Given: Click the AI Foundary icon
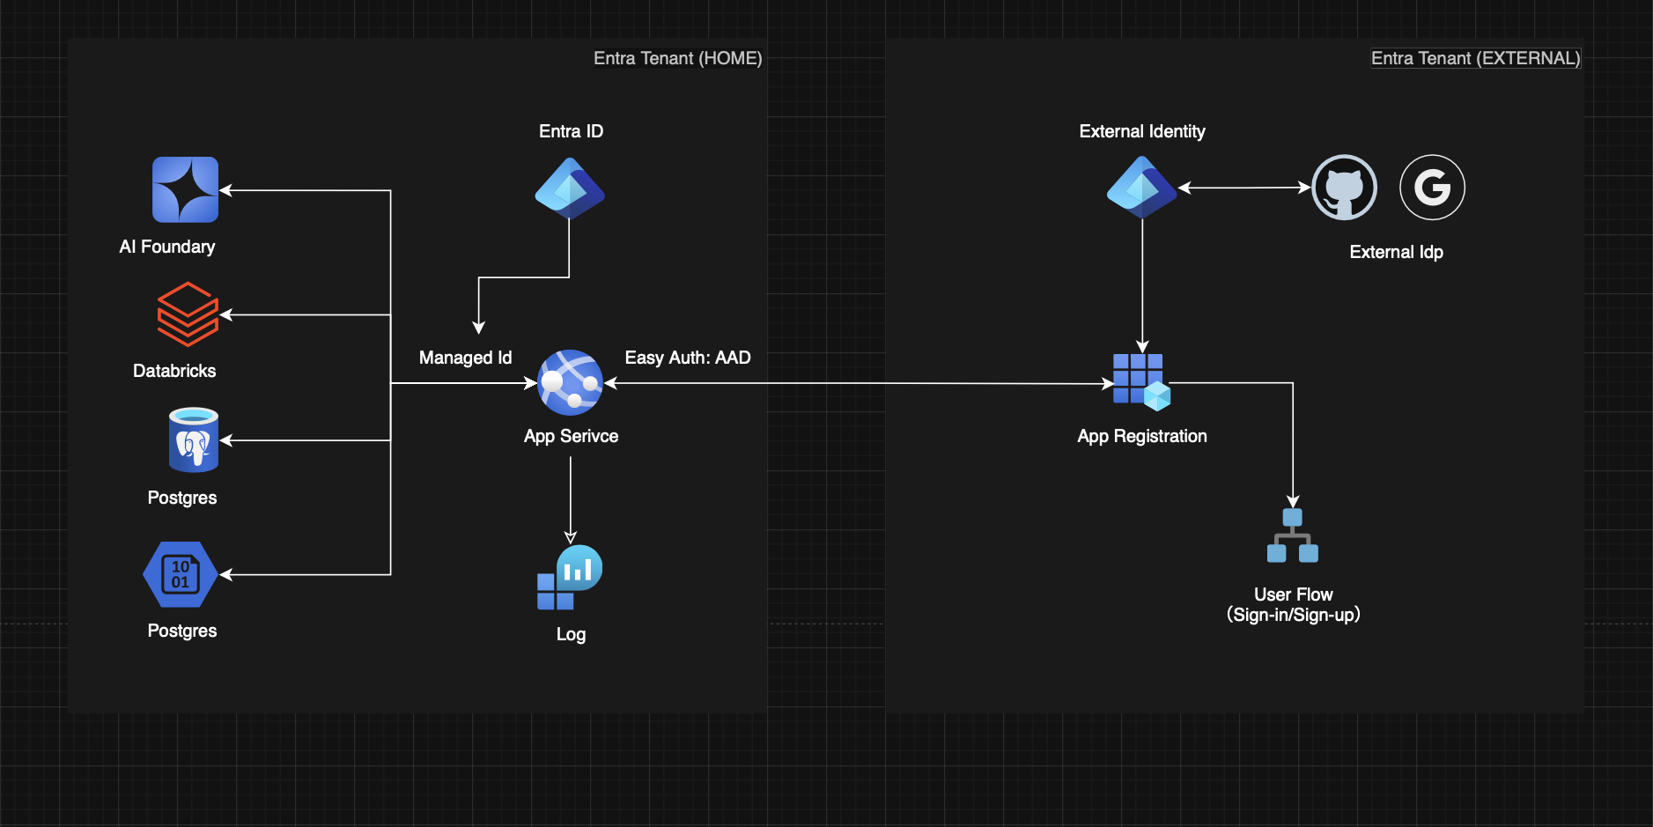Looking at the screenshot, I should (x=185, y=189).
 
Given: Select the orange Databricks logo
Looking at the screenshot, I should (x=188, y=314).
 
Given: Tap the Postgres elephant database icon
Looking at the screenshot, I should (x=194, y=439).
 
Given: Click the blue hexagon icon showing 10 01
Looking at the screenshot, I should (x=181, y=574).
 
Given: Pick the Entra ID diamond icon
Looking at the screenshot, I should (x=570, y=188).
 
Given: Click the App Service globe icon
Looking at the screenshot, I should (x=570, y=382).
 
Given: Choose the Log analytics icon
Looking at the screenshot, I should (x=570, y=578).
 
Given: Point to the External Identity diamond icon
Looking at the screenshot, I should (x=1141, y=187).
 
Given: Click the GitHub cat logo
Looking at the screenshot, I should (x=1344, y=188).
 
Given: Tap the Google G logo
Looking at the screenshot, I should (x=1432, y=188).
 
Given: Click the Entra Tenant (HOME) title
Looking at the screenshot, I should (x=677, y=58).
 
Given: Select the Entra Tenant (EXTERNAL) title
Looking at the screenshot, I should (x=1475, y=58).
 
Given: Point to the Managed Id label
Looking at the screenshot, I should (x=465, y=358).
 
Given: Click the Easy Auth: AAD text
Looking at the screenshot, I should (x=688, y=358).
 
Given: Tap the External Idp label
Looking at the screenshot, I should (x=1396, y=252).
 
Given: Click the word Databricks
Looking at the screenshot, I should (x=174, y=371).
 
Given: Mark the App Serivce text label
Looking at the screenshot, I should (x=571, y=436).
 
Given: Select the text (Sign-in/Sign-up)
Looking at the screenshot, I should (x=1293, y=615).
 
